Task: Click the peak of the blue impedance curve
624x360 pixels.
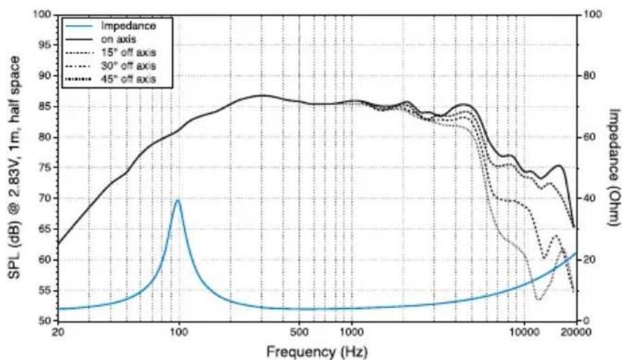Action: click(x=178, y=200)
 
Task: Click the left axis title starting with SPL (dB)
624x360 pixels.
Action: click(x=15, y=167)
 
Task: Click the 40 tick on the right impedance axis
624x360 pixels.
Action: click(x=589, y=198)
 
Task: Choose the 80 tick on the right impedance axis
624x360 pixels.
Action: click(x=589, y=76)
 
